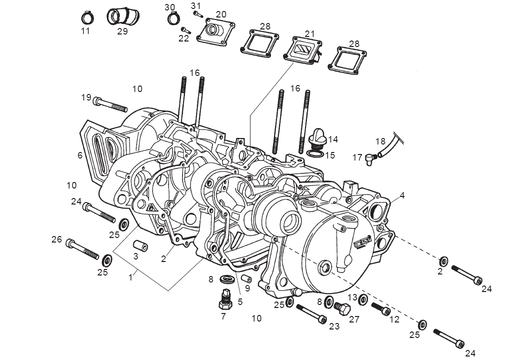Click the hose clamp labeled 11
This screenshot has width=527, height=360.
[x=86, y=18]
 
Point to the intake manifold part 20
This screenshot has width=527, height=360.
[x=215, y=31]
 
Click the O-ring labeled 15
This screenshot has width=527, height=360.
[x=314, y=151]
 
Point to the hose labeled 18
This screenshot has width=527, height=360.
[x=389, y=145]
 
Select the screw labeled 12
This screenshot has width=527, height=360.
[x=380, y=309]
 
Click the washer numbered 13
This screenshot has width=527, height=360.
[x=363, y=299]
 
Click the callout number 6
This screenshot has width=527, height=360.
[x=79, y=155]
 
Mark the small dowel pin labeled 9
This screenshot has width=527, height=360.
[x=246, y=278]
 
